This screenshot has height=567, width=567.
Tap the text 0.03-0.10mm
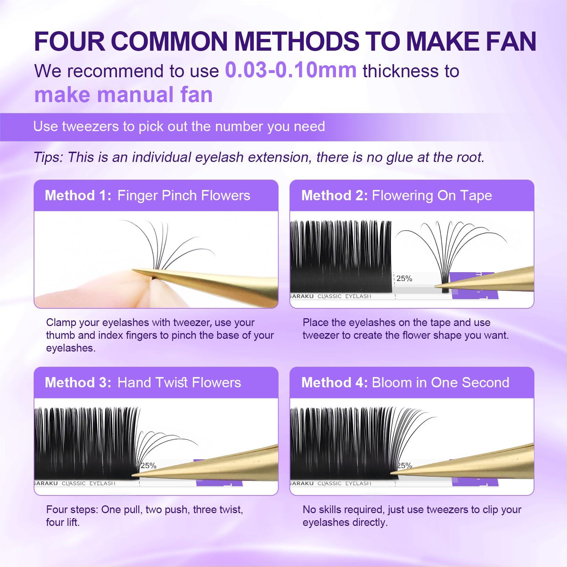pos(291,70)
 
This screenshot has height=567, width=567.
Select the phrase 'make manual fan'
pos(123,95)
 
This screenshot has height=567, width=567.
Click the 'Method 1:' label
pos(78,196)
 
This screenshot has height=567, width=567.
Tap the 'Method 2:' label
pos(334,196)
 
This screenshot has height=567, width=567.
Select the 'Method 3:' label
pos(78,383)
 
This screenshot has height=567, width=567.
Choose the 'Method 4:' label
pos(334,383)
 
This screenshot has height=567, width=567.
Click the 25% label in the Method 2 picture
pos(404,279)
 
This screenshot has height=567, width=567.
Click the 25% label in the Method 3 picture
pos(148,466)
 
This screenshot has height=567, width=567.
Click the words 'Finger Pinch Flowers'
pos(184,196)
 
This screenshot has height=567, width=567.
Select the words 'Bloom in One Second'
pos(440,383)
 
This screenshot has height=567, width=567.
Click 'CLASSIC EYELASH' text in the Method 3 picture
pos(89,483)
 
